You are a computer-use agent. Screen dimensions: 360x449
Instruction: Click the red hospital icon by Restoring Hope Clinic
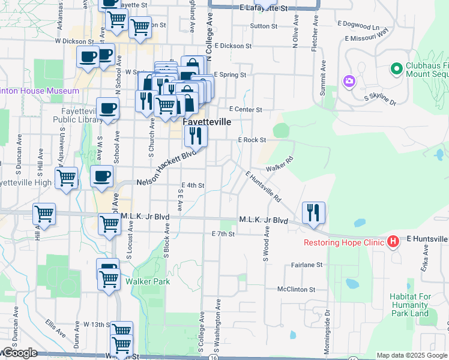point(393,242)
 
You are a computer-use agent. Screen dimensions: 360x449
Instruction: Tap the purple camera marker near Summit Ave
point(349,80)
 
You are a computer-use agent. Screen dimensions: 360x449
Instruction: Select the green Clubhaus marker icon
point(396,70)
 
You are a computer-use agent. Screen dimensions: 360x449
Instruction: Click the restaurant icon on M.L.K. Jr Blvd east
point(313,212)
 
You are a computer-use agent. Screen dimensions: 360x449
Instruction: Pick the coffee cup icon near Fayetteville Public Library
point(107,109)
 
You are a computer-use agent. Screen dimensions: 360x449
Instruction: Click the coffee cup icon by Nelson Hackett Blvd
point(101,177)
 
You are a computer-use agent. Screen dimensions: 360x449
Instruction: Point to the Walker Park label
point(148,281)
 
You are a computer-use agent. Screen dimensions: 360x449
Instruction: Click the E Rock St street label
point(252,140)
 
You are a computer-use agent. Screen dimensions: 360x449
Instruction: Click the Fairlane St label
point(307,265)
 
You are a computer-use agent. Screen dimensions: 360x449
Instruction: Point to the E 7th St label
point(222,233)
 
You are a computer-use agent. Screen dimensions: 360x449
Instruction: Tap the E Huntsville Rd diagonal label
point(264,186)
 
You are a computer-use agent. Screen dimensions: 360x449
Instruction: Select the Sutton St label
point(264,26)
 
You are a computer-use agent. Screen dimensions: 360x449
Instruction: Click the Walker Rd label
point(280,164)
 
